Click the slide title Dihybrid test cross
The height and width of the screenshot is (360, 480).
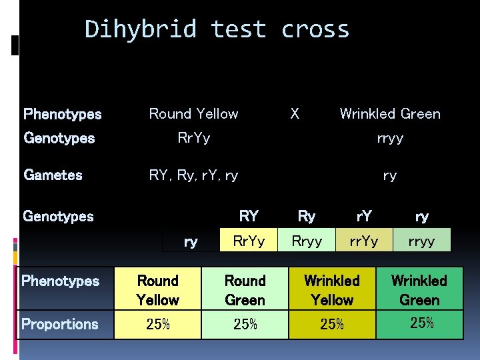pos(217,29)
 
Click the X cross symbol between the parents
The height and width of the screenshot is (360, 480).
pos(295,113)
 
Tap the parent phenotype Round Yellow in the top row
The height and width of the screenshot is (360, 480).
pos(193,113)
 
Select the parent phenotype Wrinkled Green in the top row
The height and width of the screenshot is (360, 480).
pos(390,113)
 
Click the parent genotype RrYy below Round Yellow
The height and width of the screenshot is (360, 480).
pos(193,138)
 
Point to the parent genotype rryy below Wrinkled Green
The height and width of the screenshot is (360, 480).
pos(390,138)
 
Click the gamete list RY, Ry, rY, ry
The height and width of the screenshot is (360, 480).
pos(193,175)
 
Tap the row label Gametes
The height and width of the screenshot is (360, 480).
pos(53,175)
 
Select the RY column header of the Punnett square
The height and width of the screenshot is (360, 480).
pos(249,216)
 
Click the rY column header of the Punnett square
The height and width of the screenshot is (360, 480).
pos(364,216)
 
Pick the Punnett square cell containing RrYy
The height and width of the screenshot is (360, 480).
pos(249,241)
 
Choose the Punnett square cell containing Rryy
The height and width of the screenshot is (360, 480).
pos(307,241)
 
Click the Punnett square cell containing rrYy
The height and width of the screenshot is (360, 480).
pos(364,241)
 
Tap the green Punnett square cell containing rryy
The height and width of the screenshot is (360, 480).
pos(422,241)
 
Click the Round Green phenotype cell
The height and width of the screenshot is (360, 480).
pos(245,290)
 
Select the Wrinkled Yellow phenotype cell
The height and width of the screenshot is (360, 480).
pos(332,290)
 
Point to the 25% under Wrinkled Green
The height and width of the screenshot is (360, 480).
pos(421,323)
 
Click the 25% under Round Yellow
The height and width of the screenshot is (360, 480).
pos(157,325)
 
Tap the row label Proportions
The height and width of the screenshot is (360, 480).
pos(60,325)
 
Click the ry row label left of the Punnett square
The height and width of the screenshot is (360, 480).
pos(191,241)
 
